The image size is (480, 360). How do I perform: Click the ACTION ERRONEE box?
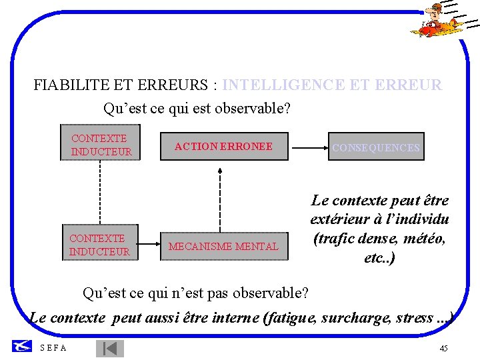point(223,147)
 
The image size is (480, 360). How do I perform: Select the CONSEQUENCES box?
point(376,148)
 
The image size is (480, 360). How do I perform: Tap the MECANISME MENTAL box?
point(223,246)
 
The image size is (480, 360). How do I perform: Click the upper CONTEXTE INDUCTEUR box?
point(100,145)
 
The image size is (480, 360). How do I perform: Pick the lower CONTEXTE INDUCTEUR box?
point(99,244)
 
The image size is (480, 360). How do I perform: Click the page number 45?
point(444,349)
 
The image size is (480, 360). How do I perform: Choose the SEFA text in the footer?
point(53,347)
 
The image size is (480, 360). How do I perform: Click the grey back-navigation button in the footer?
point(110,348)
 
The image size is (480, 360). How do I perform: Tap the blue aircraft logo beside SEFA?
point(22,346)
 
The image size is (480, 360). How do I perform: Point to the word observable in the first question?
point(255,107)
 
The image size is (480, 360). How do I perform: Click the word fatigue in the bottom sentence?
point(291,318)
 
